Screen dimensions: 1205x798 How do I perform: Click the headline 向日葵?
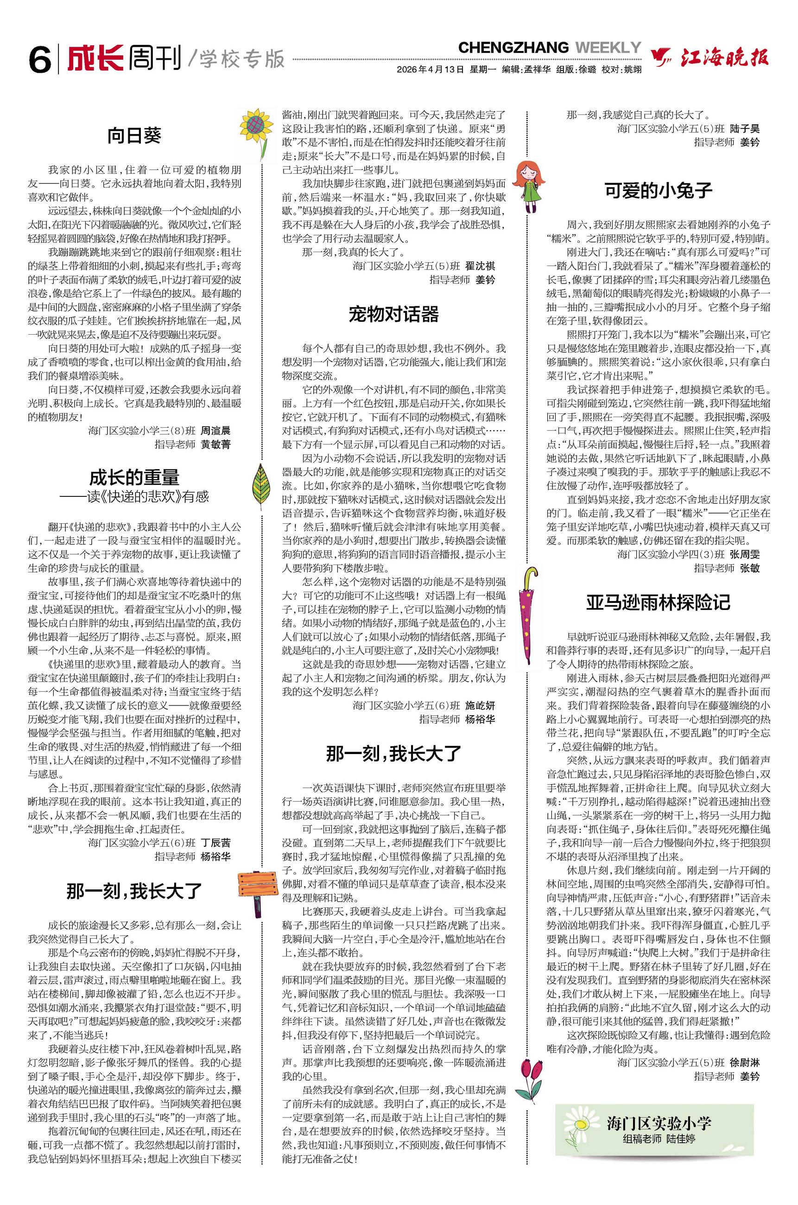[x=134, y=135]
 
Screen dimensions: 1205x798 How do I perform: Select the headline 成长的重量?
[x=134, y=477]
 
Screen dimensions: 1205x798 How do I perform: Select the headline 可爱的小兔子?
[x=658, y=190]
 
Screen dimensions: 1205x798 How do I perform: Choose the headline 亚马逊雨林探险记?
[x=658, y=602]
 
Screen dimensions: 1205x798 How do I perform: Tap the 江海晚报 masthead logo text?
[x=724, y=58]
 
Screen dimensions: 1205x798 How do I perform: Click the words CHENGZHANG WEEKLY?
[x=549, y=48]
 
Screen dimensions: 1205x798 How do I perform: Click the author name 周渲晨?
[x=215, y=431]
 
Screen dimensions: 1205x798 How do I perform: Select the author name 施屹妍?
[x=480, y=705]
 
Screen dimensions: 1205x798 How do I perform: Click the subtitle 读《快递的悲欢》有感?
[x=147, y=497]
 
